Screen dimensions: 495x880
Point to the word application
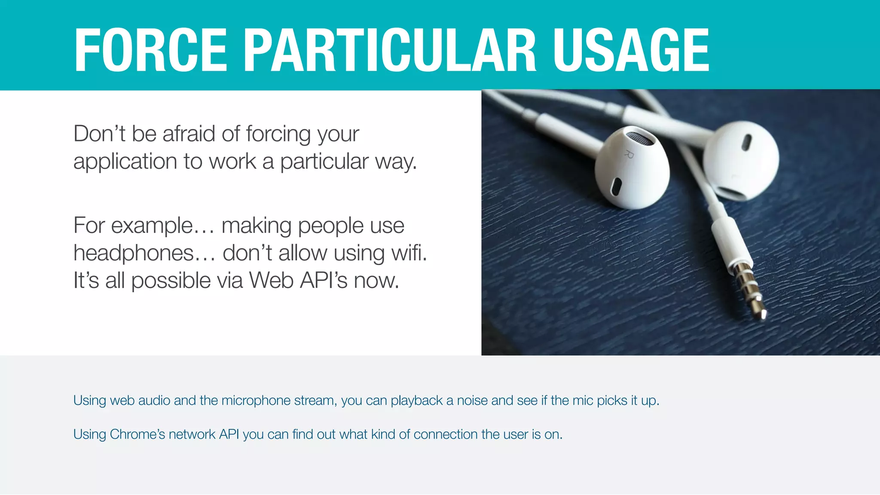(x=125, y=162)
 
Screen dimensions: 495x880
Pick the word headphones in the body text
(x=134, y=253)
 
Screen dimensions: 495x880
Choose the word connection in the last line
(x=445, y=434)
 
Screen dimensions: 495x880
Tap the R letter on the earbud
(x=629, y=154)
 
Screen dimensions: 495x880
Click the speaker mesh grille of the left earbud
(x=639, y=138)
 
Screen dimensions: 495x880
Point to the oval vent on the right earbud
(x=747, y=143)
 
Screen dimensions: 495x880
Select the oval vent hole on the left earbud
(x=616, y=186)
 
